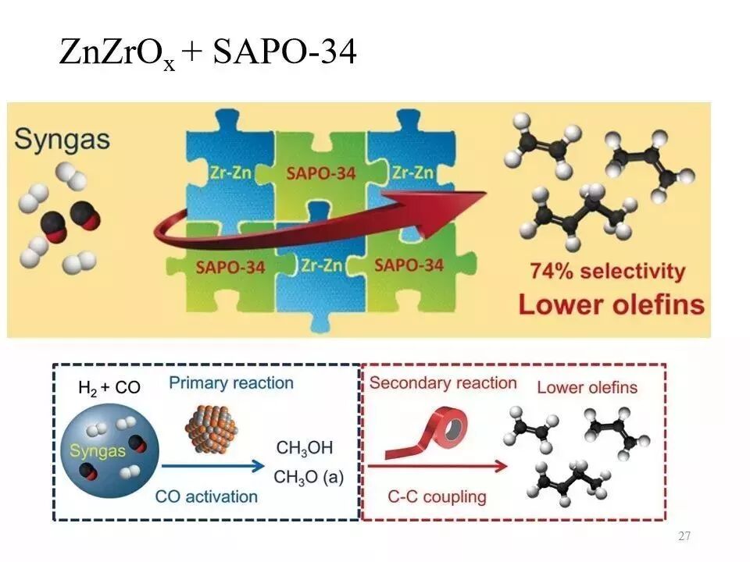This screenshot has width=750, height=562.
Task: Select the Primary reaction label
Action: click(231, 383)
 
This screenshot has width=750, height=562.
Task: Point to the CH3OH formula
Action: click(305, 447)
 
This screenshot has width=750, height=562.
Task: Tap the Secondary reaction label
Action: click(443, 383)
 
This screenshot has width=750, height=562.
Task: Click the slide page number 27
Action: click(684, 536)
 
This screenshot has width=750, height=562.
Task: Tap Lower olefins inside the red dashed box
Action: click(587, 387)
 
